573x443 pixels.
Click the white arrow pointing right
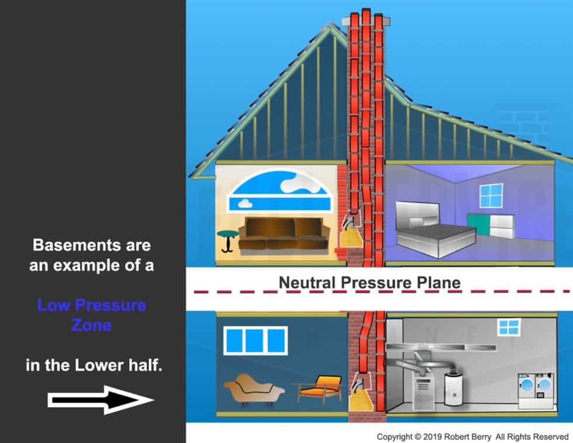pos(100,400)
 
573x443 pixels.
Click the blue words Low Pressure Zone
pos(91,315)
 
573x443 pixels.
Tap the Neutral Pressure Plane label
pos(369,283)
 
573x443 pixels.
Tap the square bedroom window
pos(491,195)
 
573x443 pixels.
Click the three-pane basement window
pos(256,340)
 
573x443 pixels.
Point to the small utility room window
pos(509,327)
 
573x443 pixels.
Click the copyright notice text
pos(472,437)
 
